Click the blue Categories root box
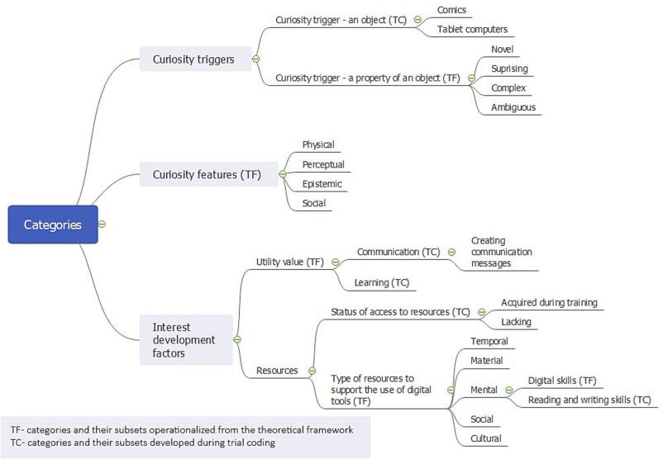point(53,225)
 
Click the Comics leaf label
point(453,11)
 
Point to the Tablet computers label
point(472,30)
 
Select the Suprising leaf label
point(509,68)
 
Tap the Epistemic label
point(322,183)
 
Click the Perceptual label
point(323,164)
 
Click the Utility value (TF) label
point(289,262)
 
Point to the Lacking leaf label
point(517,321)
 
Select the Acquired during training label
point(549,302)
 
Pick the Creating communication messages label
point(501,252)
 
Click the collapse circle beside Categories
point(102,225)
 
